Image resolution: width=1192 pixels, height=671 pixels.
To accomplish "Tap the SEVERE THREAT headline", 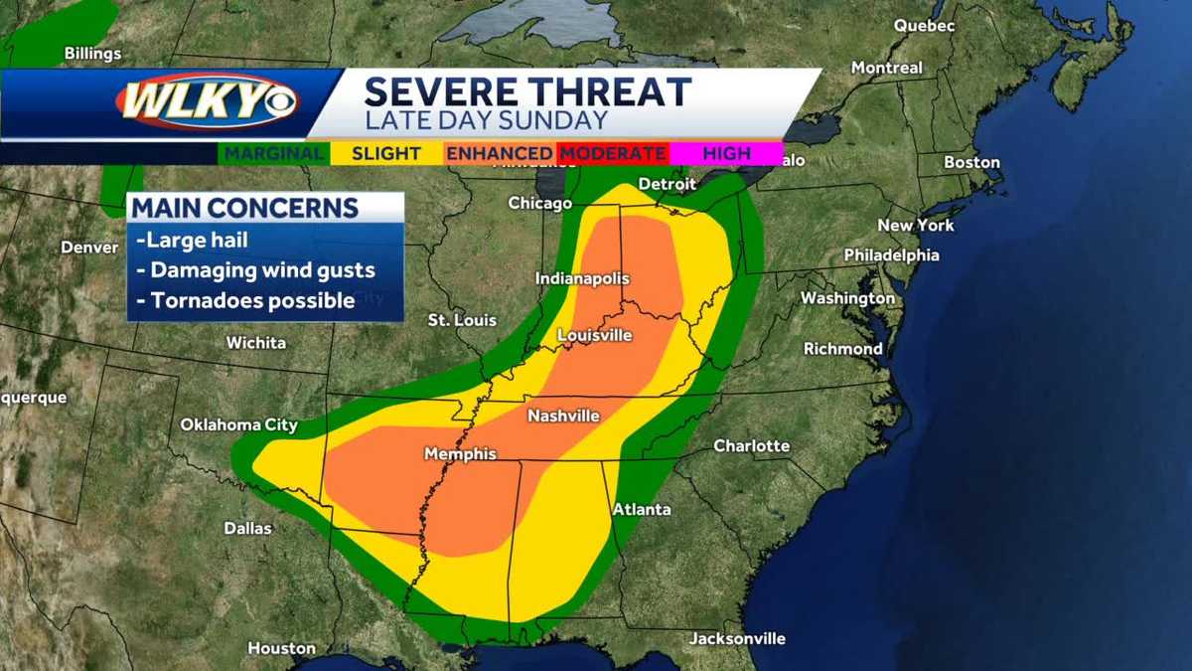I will [x=527, y=91].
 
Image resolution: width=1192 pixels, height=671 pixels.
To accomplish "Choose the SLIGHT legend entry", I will [x=392, y=153].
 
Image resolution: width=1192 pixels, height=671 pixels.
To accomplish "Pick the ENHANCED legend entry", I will [x=499, y=153].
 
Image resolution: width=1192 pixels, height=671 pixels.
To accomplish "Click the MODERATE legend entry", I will [x=612, y=153].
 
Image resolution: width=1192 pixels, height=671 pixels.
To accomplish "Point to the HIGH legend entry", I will [x=726, y=153].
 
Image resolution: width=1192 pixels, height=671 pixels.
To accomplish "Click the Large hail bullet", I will [x=192, y=240].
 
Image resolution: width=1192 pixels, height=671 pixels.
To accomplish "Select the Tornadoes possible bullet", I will [x=246, y=299].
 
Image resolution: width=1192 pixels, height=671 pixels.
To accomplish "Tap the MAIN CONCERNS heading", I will [x=245, y=208].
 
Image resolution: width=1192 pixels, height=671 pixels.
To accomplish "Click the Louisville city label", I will [x=594, y=335].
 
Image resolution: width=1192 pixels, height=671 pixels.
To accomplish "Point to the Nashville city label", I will [x=563, y=416].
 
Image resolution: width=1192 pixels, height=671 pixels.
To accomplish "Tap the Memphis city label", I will [x=460, y=453].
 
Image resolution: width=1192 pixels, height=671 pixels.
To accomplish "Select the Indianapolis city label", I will [x=582, y=279].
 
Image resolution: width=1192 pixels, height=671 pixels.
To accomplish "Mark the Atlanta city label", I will [x=642, y=509].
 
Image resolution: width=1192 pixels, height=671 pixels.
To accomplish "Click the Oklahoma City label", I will [x=238, y=424].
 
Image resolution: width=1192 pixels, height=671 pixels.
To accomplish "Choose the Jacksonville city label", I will [x=737, y=638].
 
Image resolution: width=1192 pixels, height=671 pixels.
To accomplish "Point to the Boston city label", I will [x=971, y=162].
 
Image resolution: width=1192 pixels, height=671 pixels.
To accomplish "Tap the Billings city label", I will [x=92, y=53].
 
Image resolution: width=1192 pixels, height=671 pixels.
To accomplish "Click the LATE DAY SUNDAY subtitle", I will [x=486, y=120].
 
